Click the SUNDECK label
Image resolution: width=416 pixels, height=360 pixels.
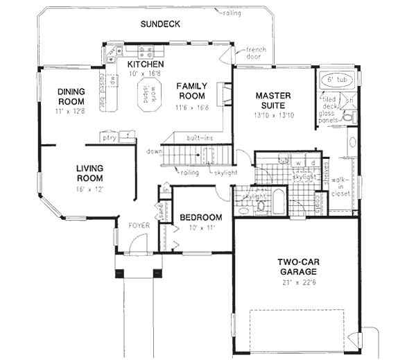[x=160, y=24]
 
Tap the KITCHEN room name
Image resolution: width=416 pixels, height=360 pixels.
[x=146, y=65]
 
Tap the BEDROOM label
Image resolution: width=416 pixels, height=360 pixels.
[x=200, y=217]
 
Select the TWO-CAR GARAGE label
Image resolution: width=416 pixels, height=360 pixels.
[x=298, y=267]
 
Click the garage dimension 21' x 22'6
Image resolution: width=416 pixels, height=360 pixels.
[x=298, y=282]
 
